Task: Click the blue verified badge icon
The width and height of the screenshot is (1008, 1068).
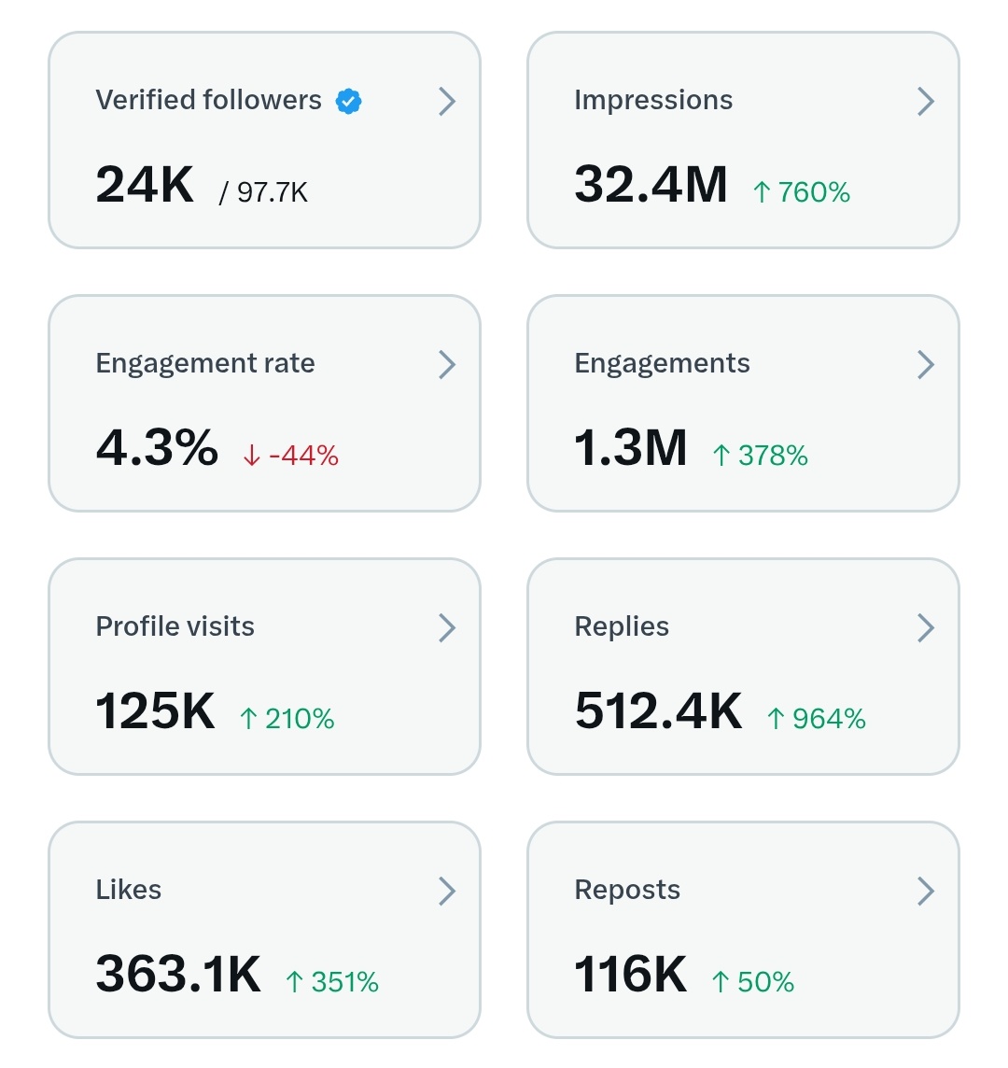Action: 349,101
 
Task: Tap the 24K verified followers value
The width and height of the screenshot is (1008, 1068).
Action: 145,184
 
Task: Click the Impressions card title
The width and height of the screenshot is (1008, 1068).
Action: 653,101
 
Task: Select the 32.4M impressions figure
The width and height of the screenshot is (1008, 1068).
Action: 651,184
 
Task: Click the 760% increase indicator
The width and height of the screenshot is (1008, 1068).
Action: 802,192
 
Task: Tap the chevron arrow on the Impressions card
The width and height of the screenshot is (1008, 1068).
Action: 926,101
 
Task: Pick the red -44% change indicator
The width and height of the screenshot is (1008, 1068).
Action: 290,456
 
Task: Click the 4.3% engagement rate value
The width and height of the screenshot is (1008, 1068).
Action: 157,447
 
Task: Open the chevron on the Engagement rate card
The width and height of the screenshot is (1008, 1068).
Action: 447,364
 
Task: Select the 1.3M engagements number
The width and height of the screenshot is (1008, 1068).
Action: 631,447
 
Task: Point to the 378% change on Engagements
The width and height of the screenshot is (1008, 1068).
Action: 760,456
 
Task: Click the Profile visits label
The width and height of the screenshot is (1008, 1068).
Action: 175,626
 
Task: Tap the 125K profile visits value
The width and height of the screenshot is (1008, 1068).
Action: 156,711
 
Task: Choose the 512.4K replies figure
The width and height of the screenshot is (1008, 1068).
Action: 659,711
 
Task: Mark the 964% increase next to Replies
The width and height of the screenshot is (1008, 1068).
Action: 817,719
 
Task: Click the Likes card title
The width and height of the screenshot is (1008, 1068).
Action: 129,890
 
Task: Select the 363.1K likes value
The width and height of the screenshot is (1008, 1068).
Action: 178,974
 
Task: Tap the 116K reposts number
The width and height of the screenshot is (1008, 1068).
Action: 631,974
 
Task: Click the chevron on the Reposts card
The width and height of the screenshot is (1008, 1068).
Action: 926,891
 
